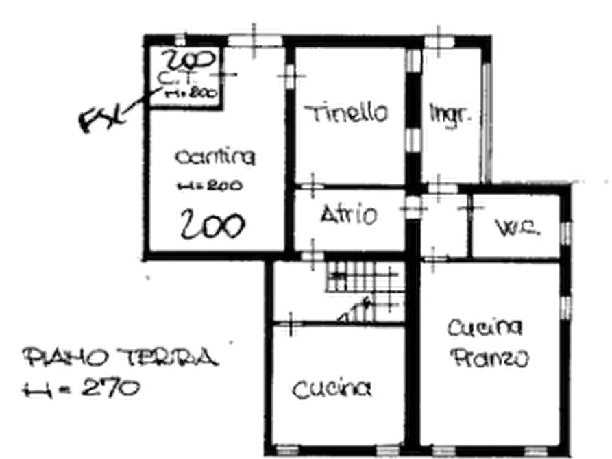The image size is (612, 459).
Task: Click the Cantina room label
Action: (x=214, y=158)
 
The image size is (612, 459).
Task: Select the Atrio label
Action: (x=348, y=216)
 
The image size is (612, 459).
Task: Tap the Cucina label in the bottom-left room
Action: (x=334, y=390)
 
